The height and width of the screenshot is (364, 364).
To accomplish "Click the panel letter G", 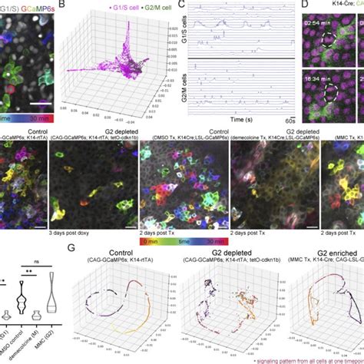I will (x=71, y=249).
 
